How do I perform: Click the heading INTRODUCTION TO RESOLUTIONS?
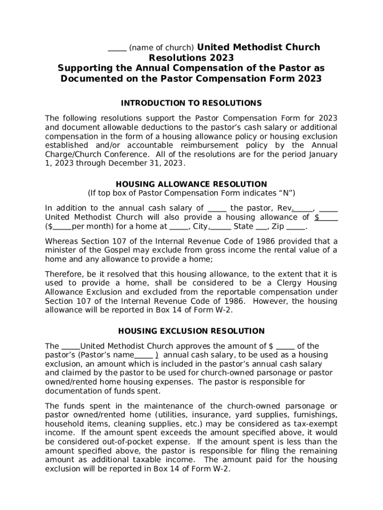click(x=191, y=103)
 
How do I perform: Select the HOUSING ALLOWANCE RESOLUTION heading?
click(x=191, y=184)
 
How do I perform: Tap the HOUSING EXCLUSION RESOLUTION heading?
click(x=191, y=331)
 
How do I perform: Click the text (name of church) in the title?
click(x=161, y=48)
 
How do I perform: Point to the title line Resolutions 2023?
click(x=191, y=58)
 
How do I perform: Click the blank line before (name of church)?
click(x=117, y=48)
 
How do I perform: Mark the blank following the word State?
click(x=262, y=227)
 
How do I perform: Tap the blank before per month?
click(x=62, y=227)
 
